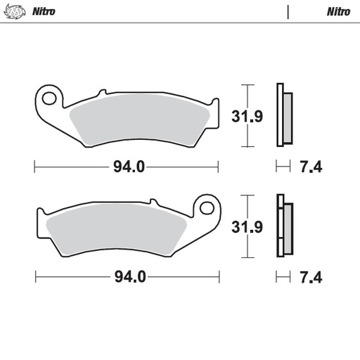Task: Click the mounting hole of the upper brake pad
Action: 49,96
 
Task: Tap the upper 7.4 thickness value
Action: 311,167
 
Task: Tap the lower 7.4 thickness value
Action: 311,276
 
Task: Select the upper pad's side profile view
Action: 284,115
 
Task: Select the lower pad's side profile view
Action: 284,226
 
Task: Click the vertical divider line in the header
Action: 288,11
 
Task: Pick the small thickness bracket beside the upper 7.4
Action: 283,167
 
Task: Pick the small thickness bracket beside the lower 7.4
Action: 283,276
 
